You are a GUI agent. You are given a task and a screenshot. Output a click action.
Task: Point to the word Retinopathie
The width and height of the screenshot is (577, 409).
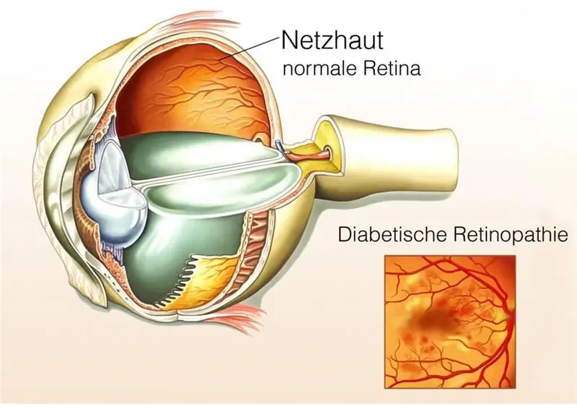pos(511,235)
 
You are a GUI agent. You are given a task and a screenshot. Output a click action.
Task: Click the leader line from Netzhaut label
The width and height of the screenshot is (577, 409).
pos(248,48)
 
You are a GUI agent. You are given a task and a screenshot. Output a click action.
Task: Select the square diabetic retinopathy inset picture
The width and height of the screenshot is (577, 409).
pos(449,322)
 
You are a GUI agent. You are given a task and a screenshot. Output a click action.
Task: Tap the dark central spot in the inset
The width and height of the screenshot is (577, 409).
pos(435,317)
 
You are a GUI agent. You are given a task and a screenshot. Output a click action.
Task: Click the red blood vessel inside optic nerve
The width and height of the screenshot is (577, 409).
pos(312,153)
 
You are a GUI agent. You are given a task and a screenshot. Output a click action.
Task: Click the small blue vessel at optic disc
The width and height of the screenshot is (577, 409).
pos(280,147)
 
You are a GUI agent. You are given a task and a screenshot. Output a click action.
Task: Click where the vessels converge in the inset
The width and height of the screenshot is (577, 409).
pos(510,317)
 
